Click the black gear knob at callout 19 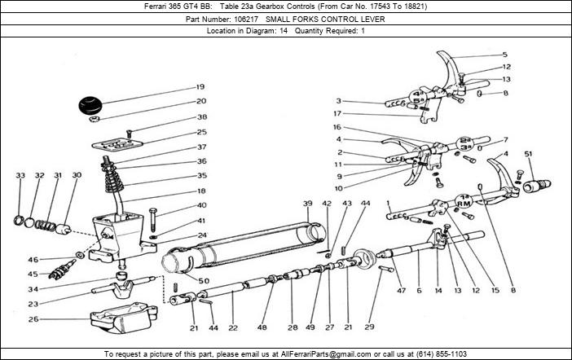pyautogui.click(x=91, y=107)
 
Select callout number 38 pyautogui.click(x=201, y=116)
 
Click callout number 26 pyautogui.click(x=33, y=318)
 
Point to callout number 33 pyautogui.click(x=20, y=175)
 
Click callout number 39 pyautogui.click(x=307, y=203)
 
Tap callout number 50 pyautogui.click(x=205, y=281)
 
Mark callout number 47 pyautogui.click(x=401, y=289)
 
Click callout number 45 pyautogui.click(x=33, y=274)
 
